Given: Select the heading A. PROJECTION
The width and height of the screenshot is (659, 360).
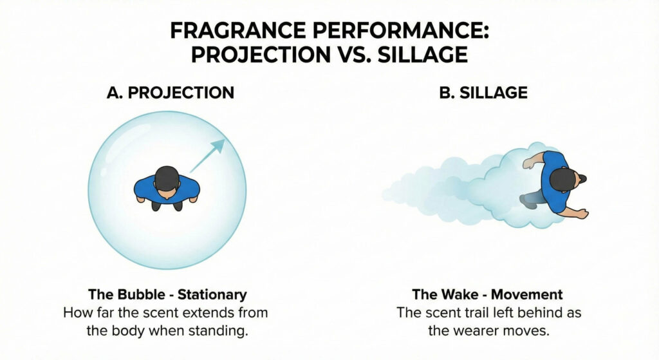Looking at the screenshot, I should pyautogui.click(x=170, y=93).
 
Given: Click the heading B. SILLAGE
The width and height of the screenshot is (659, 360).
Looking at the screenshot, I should pyautogui.click(x=483, y=93).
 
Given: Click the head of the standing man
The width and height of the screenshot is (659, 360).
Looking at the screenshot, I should pyautogui.click(x=167, y=176).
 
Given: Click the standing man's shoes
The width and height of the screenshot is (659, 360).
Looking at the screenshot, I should pyautogui.click(x=166, y=206).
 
